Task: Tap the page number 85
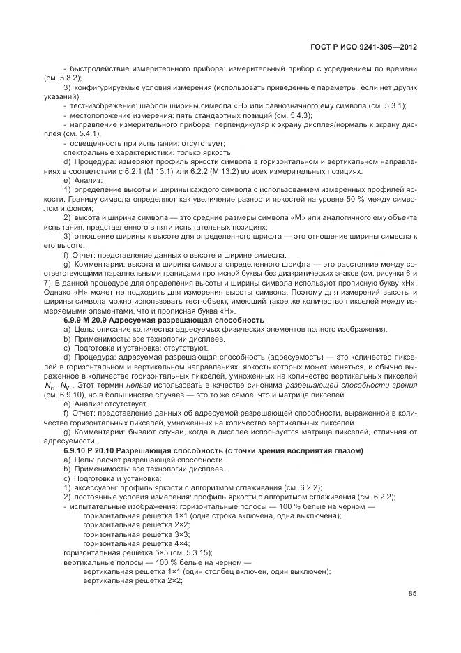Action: [x=412, y=594]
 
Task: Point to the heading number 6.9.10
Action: [x=78, y=452]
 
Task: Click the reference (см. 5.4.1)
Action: [x=82, y=133]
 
